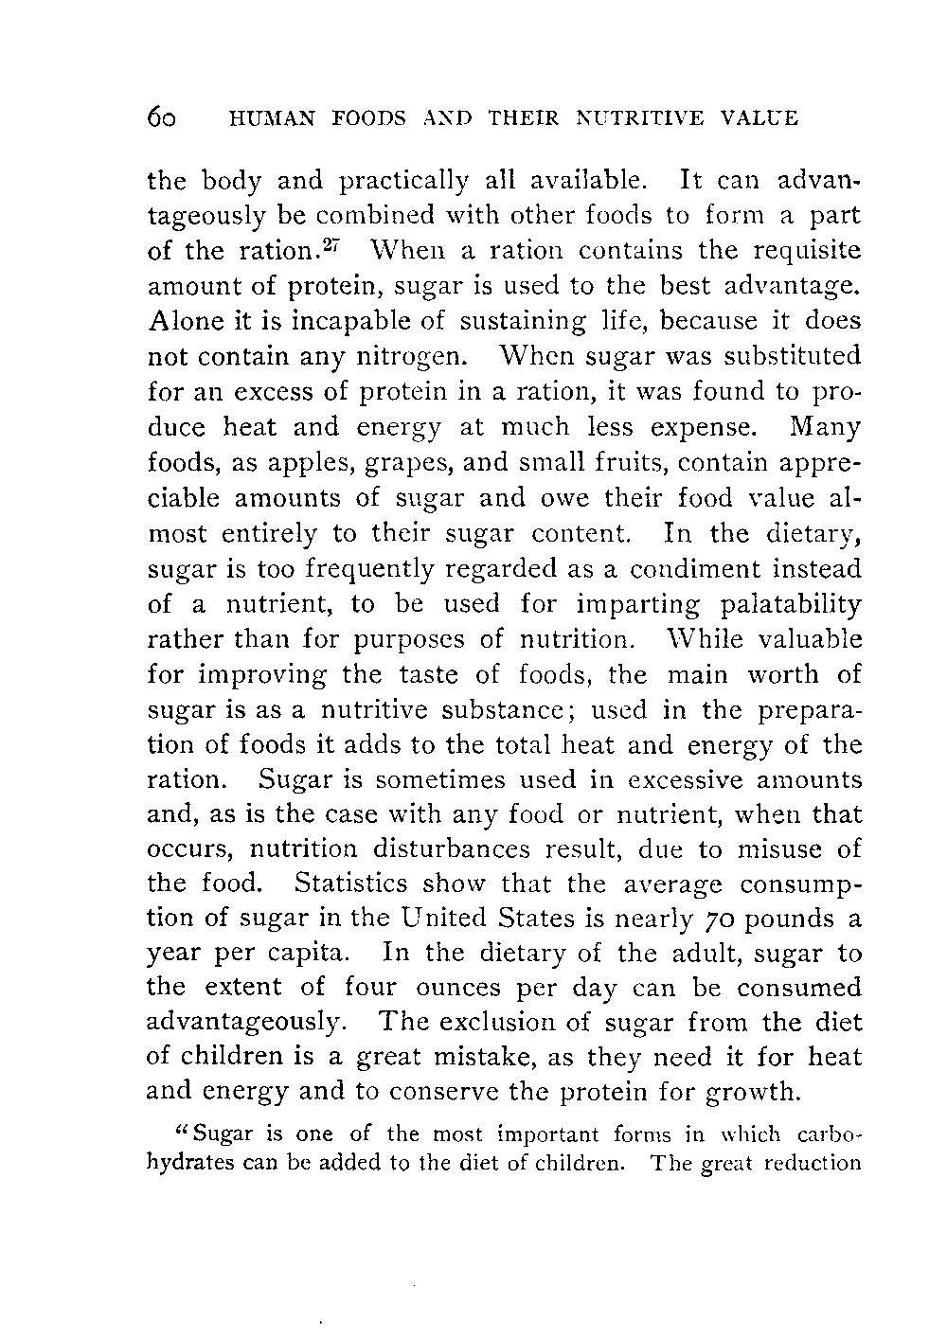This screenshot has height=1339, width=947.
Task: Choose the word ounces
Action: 459,989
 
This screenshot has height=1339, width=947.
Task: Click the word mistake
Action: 511,1056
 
